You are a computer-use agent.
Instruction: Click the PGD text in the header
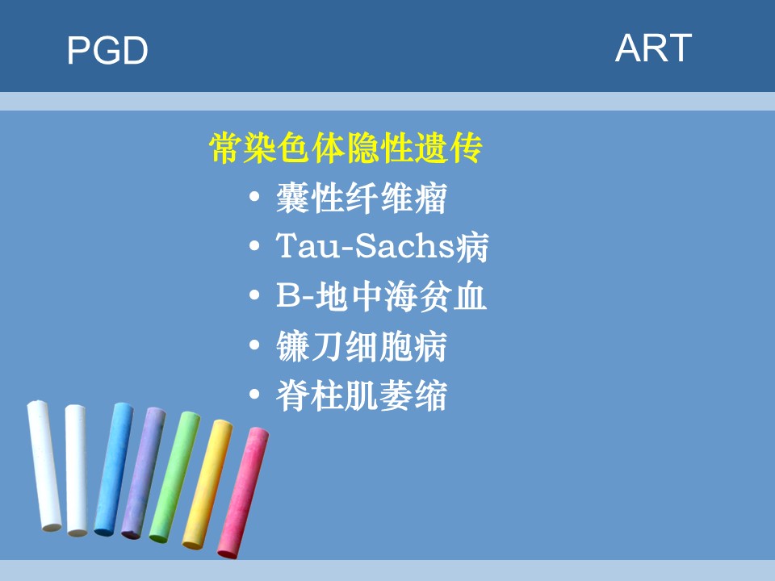[x=107, y=50]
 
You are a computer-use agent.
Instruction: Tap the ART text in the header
[x=653, y=48]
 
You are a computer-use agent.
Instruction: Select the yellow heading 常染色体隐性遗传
[x=346, y=148]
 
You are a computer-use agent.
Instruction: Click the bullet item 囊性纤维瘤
[x=362, y=198]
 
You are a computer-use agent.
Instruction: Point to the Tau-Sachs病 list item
[x=382, y=246]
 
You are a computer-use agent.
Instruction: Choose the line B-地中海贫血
[x=381, y=296]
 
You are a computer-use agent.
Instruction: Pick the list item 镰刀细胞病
[x=362, y=346]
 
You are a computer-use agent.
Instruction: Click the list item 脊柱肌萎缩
[x=362, y=395]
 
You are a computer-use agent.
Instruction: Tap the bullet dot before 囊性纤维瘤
[x=254, y=197]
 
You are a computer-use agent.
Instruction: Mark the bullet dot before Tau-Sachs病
[x=254, y=245]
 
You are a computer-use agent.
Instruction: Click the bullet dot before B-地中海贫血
[x=254, y=295]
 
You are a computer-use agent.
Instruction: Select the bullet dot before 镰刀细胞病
[x=254, y=345]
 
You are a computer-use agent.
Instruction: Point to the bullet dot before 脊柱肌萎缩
[x=254, y=395]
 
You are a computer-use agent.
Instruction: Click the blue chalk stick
[x=114, y=470]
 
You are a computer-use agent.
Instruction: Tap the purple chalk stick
[x=144, y=473]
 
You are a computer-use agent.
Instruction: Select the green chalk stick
[x=174, y=477]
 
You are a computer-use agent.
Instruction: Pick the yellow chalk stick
[x=207, y=484]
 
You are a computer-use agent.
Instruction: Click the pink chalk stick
[x=243, y=492]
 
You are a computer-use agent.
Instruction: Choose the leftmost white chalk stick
[x=44, y=466]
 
